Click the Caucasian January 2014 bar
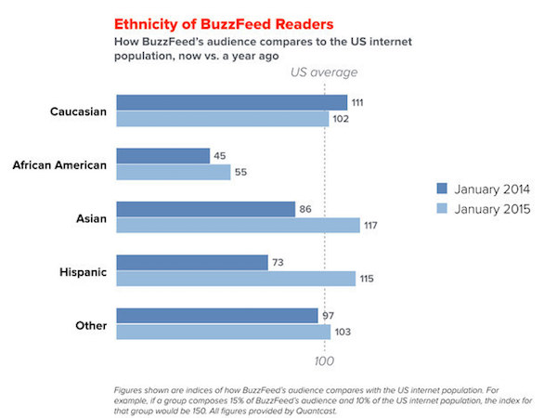point(231,102)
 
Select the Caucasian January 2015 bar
point(223,118)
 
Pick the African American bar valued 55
point(173,172)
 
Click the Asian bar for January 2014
point(205,210)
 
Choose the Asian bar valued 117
point(237,226)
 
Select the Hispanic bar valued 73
point(191,263)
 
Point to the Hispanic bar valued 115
point(236,279)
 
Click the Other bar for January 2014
point(216,316)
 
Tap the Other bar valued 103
point(223,332)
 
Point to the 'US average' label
point(324,72)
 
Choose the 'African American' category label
point(60,165)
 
